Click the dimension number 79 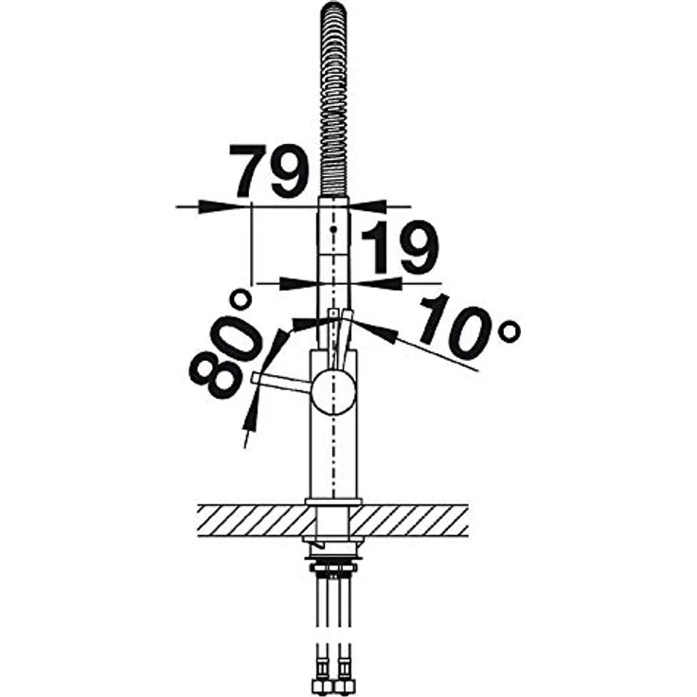[x=268, y=171]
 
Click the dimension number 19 [x=400, y=247]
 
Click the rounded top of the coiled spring [x=333, y=9]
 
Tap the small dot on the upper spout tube [x=333, y=229]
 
